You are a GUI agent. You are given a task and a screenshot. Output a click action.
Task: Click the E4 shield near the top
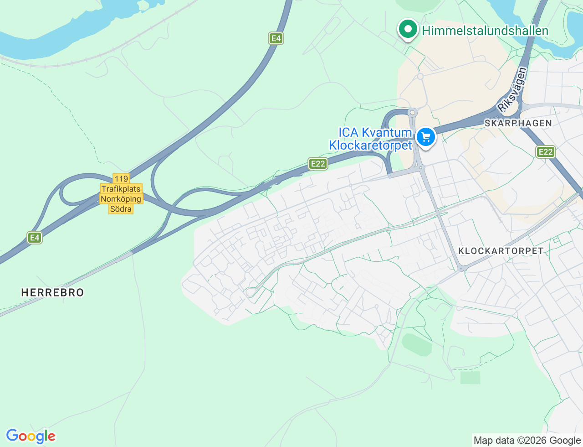pos(276,38)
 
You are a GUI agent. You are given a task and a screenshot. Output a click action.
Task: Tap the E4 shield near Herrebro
pos(35,237)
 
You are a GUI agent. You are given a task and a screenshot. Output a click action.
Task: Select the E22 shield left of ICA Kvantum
pos(317,164)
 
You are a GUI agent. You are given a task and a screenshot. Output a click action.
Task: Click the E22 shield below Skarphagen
pos(545,152)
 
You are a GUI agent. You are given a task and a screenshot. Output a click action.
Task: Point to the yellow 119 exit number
pos(121,179)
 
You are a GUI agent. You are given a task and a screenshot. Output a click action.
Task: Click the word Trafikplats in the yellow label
pos(121,189)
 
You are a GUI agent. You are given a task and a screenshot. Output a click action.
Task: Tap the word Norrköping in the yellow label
pos(121,199)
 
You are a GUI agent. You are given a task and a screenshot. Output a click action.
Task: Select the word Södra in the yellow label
pos(121,209)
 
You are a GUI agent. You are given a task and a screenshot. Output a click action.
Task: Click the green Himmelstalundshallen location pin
pos(408,30)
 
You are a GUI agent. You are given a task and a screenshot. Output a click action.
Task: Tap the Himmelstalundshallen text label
pos(485,31)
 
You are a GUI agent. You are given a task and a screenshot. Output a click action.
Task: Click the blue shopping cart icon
pos(426,137)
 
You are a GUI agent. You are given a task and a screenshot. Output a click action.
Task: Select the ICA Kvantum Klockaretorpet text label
pos(371,139)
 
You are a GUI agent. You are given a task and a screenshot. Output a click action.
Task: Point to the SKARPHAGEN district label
pos(518,123)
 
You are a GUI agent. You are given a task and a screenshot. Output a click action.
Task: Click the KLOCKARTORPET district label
pos(501,251)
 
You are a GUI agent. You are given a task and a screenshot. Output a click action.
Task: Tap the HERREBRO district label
pos(53,292)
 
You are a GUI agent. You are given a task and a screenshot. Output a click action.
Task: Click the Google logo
pos(31,436)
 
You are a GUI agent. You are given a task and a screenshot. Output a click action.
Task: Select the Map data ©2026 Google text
pos(527,440)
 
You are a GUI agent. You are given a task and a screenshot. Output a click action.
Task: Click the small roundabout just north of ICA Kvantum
pos(412,112)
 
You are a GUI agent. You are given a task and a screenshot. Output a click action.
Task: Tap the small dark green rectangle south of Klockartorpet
pos(470,378)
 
